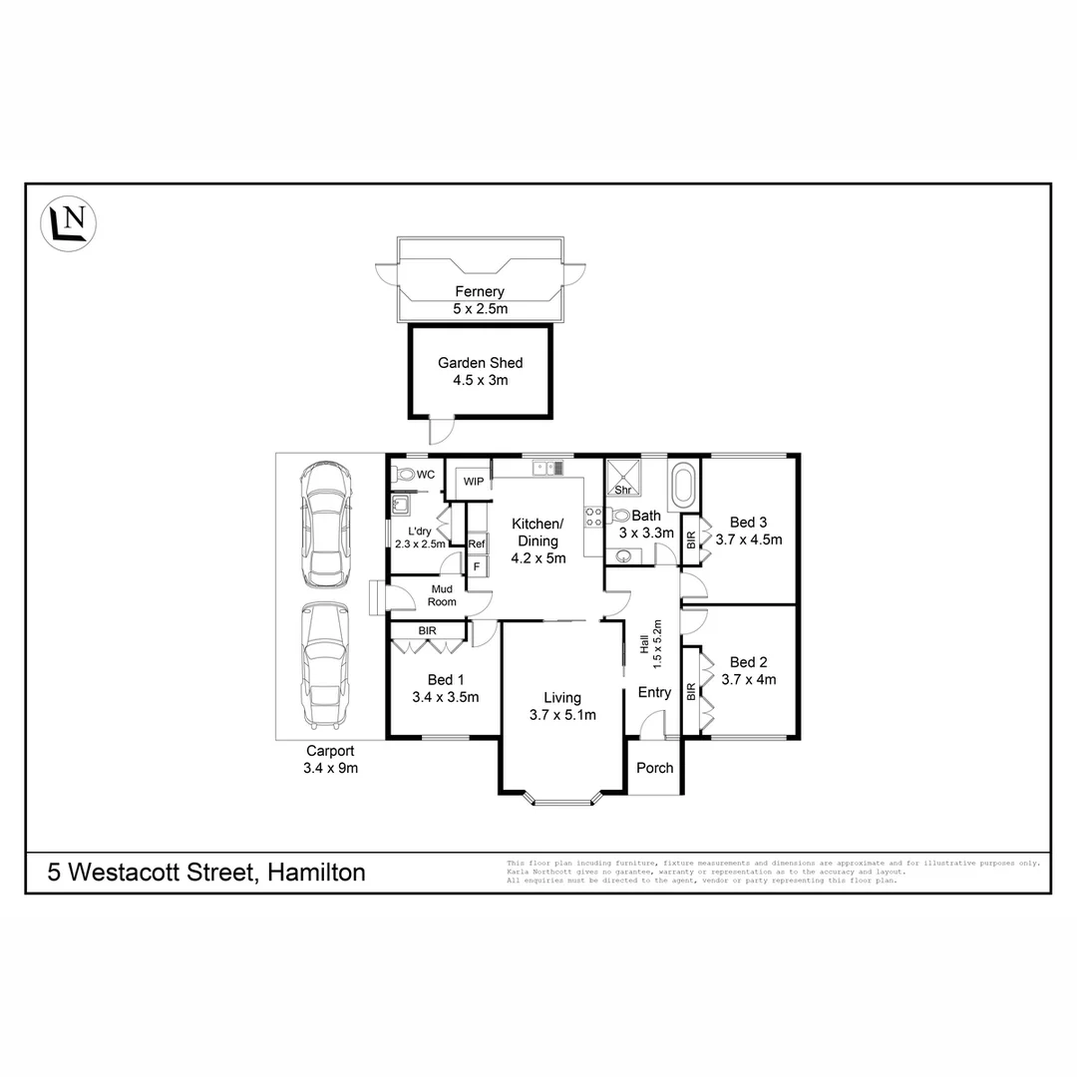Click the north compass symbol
point(69,222)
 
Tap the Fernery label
point(479,292)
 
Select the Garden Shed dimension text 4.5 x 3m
point(480,380)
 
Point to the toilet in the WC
point(405,475)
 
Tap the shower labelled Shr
point(624,477)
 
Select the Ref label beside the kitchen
point(477,543)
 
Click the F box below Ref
point(477,566)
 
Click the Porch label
point(654,768)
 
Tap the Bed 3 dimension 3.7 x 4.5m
point(748,539)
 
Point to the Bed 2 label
point(748,662)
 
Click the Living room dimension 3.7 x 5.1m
point(562,715)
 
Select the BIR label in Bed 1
point(427,631)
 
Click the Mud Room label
point(442,595)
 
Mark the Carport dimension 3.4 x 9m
point(331,768)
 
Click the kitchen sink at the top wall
point(547,467)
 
